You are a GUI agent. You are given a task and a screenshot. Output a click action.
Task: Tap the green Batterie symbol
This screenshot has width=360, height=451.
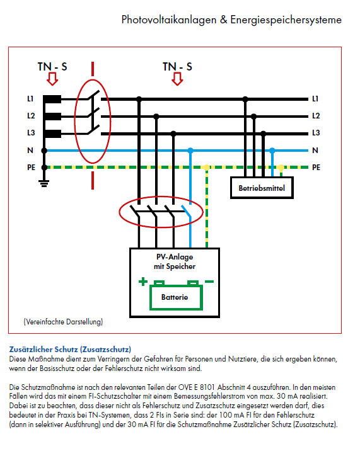(x=176, y=295)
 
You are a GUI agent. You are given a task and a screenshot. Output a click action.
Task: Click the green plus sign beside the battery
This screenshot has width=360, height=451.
(x=143, y=282)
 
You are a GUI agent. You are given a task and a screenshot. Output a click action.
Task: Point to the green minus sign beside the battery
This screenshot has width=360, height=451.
(x=209, y=282)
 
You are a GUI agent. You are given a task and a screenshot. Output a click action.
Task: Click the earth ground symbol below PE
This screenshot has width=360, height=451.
(x=44, y=183)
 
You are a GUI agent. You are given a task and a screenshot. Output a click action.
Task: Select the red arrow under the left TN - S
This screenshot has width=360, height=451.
(x=52, y=79)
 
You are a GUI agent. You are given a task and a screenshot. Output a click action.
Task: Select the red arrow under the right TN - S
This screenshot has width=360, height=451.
(x=177, y=79)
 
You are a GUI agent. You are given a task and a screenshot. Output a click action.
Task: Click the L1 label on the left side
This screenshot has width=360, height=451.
(x=30, y=99)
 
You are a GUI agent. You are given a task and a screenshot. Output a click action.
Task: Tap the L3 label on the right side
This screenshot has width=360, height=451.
(x=316, y=133)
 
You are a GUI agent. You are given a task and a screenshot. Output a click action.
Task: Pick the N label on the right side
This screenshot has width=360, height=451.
(x=315, y=151)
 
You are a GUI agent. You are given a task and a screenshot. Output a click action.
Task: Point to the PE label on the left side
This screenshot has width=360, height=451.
(x=31, y=168)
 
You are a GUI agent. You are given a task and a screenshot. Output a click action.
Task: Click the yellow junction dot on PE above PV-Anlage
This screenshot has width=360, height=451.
(x=207, y=167)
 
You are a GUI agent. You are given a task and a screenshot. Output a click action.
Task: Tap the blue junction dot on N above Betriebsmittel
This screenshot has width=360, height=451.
(x=272, y=150)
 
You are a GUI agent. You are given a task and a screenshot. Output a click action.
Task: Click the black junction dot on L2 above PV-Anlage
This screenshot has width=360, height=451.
(x=156, y=116)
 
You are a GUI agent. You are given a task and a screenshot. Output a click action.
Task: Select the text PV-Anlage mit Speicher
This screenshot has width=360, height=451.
(x=175, y=261)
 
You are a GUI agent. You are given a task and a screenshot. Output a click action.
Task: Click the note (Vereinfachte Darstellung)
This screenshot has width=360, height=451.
(x=63, y=322)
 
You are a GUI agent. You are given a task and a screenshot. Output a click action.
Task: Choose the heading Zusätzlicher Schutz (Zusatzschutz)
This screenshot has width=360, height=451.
(x=70, y=350)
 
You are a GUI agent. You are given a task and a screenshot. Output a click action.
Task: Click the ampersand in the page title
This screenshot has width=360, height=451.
(x=223, y=20)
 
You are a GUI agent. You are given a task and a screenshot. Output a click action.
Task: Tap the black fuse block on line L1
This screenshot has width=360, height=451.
(x=52, y=99)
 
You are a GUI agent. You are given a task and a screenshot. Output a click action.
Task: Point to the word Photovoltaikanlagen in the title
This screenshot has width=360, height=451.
(x=169, y=20)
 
